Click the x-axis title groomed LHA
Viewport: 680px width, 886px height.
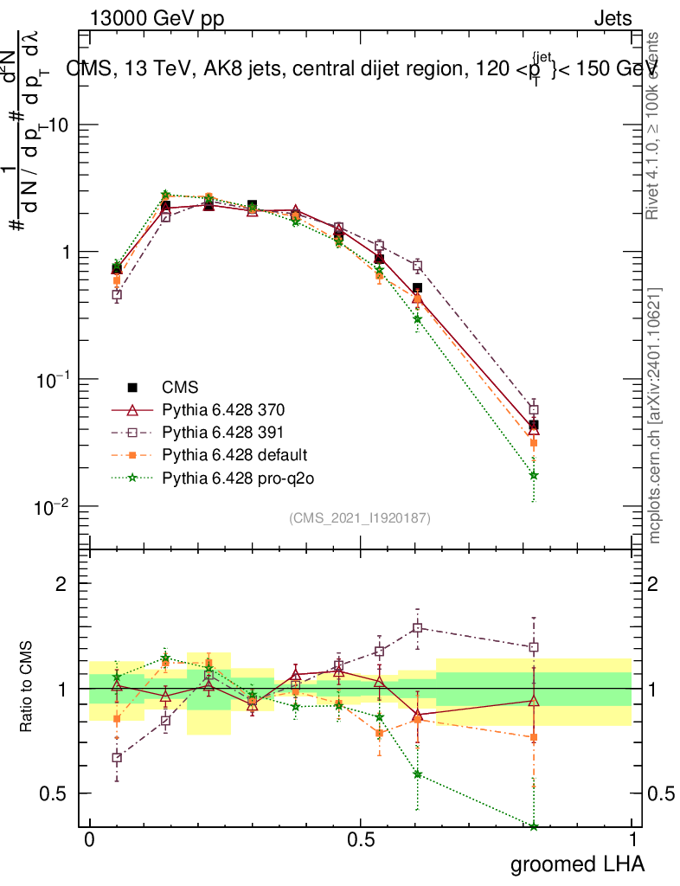pos(578,864)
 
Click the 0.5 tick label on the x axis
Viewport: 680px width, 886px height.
pos(361,840)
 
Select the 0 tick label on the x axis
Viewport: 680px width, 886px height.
pos(89,840)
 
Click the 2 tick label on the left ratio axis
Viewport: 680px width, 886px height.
pos(61,583)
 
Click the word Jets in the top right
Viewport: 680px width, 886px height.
pos(613,18)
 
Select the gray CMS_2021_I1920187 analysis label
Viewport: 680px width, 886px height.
pos(360,517)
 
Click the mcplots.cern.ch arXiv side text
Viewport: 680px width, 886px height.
pos(655,415)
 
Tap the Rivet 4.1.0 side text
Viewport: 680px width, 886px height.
pos(655,125)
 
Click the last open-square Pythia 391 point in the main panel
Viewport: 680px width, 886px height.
pos(534,409)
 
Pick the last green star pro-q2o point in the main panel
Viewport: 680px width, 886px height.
pos(534,475)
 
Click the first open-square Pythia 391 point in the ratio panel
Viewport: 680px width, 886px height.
pos(117,758)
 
